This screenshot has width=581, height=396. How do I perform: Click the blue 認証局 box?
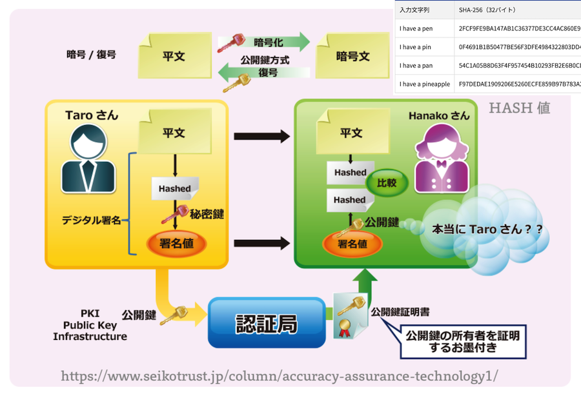(x=266, y=322)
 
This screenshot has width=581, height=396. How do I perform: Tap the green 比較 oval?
(x=387, y=184)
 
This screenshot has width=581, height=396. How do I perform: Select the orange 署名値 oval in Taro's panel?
(x=176, y=243)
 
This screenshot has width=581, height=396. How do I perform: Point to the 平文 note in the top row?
(x=174, y=56)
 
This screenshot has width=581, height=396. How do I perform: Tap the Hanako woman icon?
(x=442, y=158)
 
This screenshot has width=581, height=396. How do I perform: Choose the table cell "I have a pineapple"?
(x=424, y=84)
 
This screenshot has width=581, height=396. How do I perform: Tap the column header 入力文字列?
(x=414, y=10)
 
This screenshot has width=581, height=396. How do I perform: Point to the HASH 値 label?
(x=519, y=108)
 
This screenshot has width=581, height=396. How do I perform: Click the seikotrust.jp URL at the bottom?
(x=280, y=376)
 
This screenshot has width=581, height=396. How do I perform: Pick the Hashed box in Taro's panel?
(x=175, y=188)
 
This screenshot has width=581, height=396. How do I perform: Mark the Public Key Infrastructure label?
(x=90, y=326)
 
